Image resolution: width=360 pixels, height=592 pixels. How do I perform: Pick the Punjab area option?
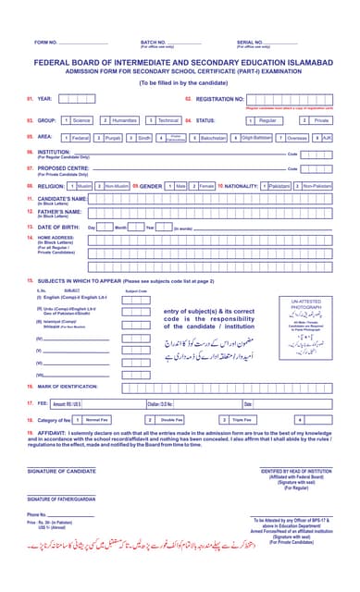110,137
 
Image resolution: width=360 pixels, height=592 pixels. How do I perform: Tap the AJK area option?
324,137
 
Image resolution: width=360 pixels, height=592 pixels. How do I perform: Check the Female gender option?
204,186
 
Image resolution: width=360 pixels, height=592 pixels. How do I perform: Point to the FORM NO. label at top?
46,43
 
